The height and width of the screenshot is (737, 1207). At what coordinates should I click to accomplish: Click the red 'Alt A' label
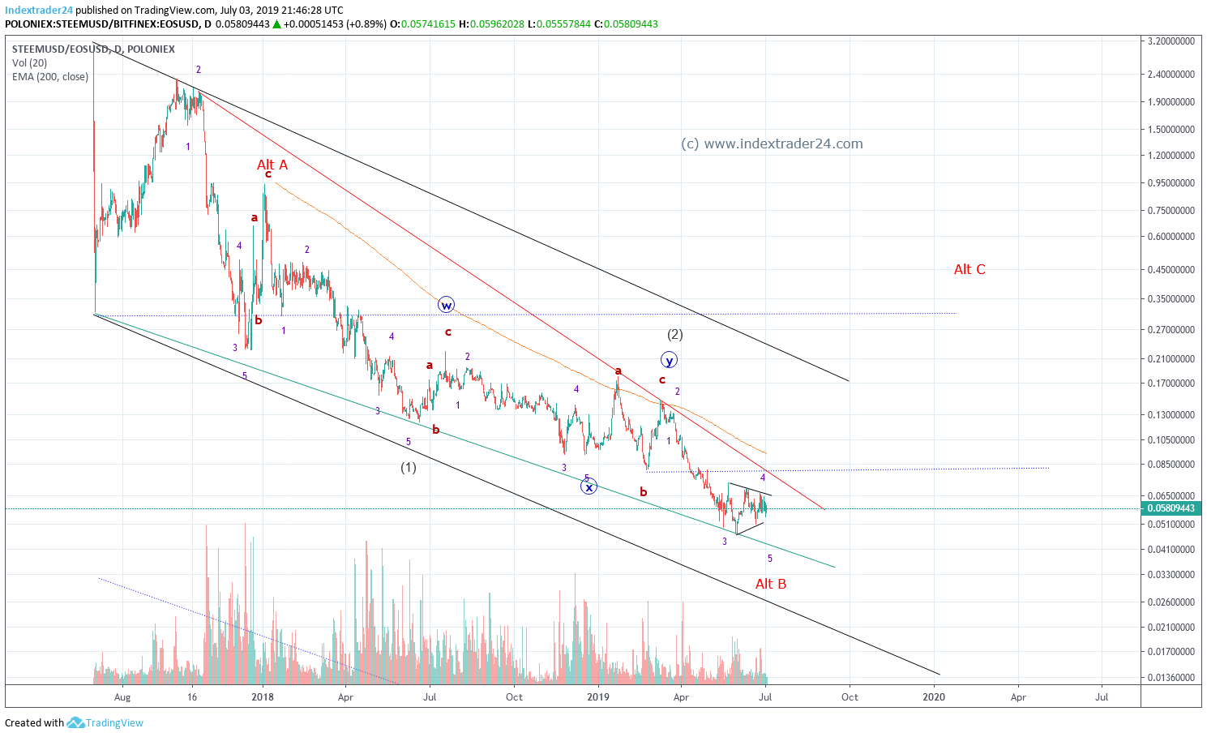pos(272,165)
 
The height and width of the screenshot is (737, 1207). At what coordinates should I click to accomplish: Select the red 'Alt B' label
pos(771,584)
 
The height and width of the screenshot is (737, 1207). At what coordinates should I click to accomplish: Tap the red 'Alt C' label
pos(969,269)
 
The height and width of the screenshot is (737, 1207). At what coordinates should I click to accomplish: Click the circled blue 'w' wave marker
pos(447,305)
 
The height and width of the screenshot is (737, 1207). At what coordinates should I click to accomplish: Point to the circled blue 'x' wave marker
pos(589,486)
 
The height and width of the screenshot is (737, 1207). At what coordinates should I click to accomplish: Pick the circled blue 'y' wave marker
pos(669,360)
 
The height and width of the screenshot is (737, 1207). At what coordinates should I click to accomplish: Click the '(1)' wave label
pos(409,468)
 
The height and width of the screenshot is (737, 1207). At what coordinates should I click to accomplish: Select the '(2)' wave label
pos(674,334)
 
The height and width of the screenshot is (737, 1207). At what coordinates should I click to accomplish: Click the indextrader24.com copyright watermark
pos(772,144)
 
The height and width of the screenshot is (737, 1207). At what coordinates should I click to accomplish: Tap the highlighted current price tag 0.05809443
pos(1171,508)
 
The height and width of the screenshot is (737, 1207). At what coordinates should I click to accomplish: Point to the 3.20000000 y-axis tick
pos(1171,41)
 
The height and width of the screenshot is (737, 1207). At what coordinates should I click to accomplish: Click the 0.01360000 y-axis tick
pos(1171,677)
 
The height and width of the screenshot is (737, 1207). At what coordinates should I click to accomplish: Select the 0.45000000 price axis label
pos(1171,270)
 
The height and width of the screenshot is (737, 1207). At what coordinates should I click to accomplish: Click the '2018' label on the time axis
pos(263,696)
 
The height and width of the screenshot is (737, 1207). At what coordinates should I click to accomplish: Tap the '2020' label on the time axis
pos(934,696)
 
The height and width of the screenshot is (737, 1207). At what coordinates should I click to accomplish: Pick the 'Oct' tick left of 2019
pos(514,696)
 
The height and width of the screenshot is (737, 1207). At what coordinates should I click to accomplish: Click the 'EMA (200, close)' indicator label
pos(50,77)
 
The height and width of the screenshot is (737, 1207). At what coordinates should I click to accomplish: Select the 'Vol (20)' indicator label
pos(30,63)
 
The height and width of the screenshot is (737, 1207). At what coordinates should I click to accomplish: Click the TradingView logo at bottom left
pos(105,723)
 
